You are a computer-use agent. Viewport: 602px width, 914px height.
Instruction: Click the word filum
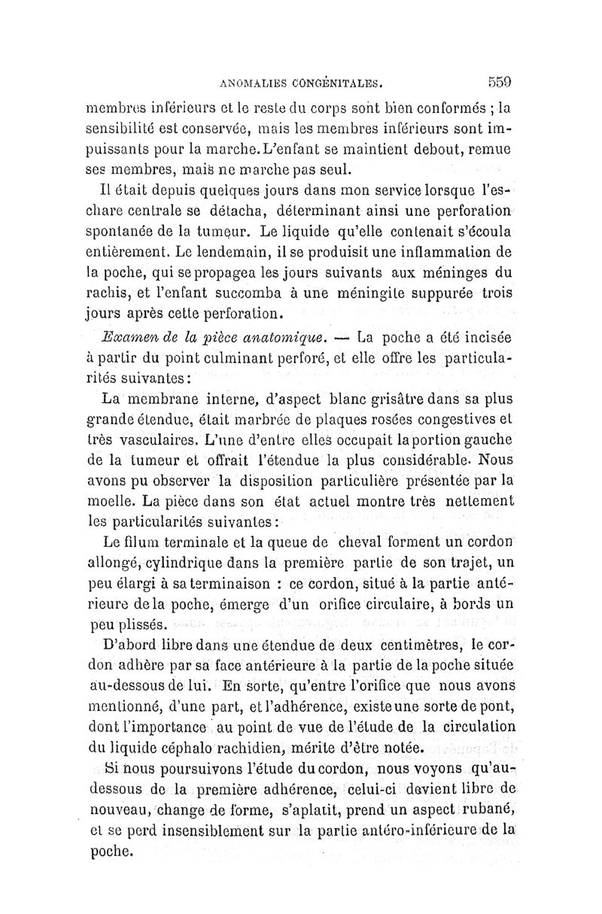click(145, 544)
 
